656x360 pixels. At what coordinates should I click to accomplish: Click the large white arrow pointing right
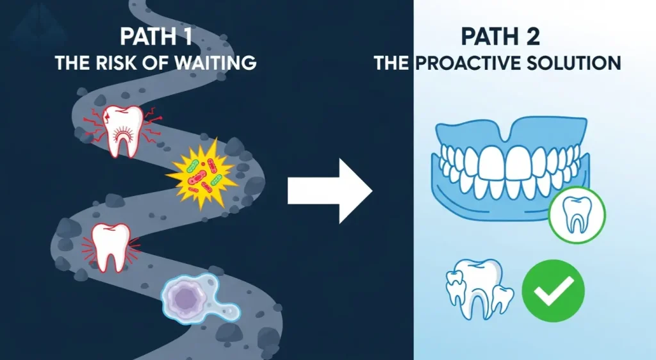(329, 190)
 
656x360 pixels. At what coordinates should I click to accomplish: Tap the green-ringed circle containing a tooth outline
(577, 217)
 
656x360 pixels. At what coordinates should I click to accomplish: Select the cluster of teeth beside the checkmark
(479, 288)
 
